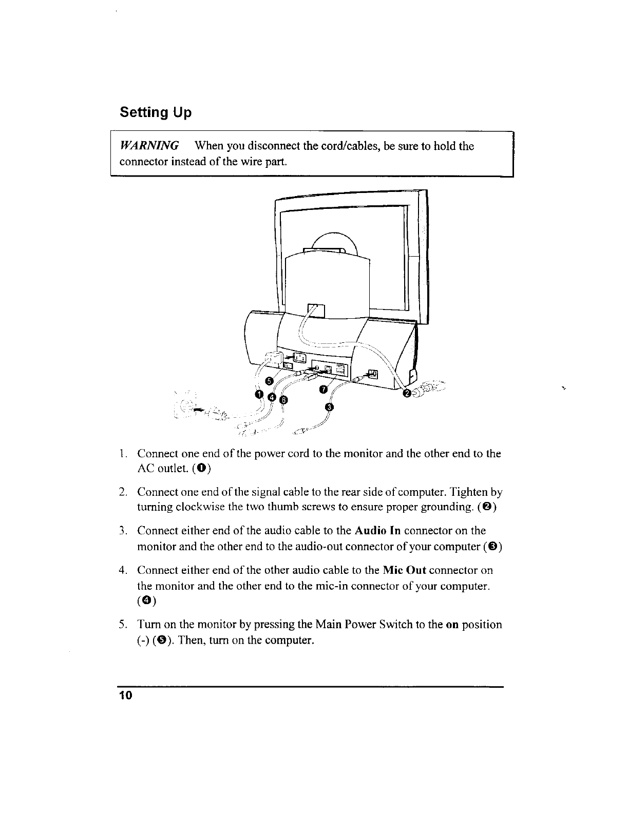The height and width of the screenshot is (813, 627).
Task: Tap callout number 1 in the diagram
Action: tap(259, 394)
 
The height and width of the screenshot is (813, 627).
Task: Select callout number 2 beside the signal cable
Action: tap(407, 394)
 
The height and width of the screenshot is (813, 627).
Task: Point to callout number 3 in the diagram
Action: tap(330, 408)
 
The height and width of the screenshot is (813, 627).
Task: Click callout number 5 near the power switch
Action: tap(268, 380)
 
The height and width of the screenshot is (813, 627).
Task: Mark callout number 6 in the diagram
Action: tap(284, 400)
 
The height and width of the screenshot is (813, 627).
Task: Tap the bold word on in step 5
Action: tap(452, 625)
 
